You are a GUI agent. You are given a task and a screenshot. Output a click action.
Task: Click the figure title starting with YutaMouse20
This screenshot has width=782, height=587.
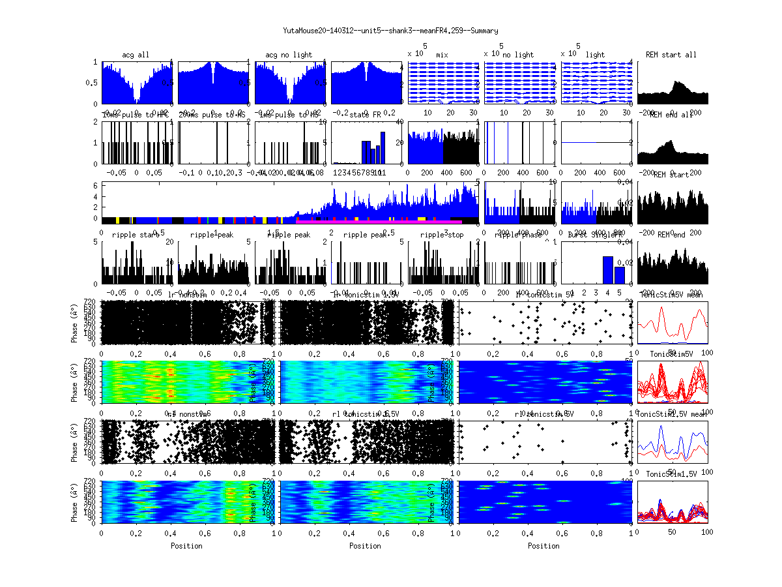[x=391, y=31]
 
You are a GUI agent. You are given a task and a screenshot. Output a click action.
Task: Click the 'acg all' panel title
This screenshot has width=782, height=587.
[x=136, y=55]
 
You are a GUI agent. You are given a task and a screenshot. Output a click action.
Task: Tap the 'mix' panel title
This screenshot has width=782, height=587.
[x=442, y=55]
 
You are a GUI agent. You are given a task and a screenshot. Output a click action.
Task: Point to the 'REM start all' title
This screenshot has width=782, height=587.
[x=671, y=55]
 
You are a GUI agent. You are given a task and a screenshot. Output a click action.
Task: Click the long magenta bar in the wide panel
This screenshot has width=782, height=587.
[x=378, y=222]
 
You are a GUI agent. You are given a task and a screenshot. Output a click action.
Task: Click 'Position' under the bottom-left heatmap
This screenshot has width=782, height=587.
[x=186, y=545]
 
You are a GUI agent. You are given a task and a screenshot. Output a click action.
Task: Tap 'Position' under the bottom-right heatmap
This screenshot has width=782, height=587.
[x=544, y=545]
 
